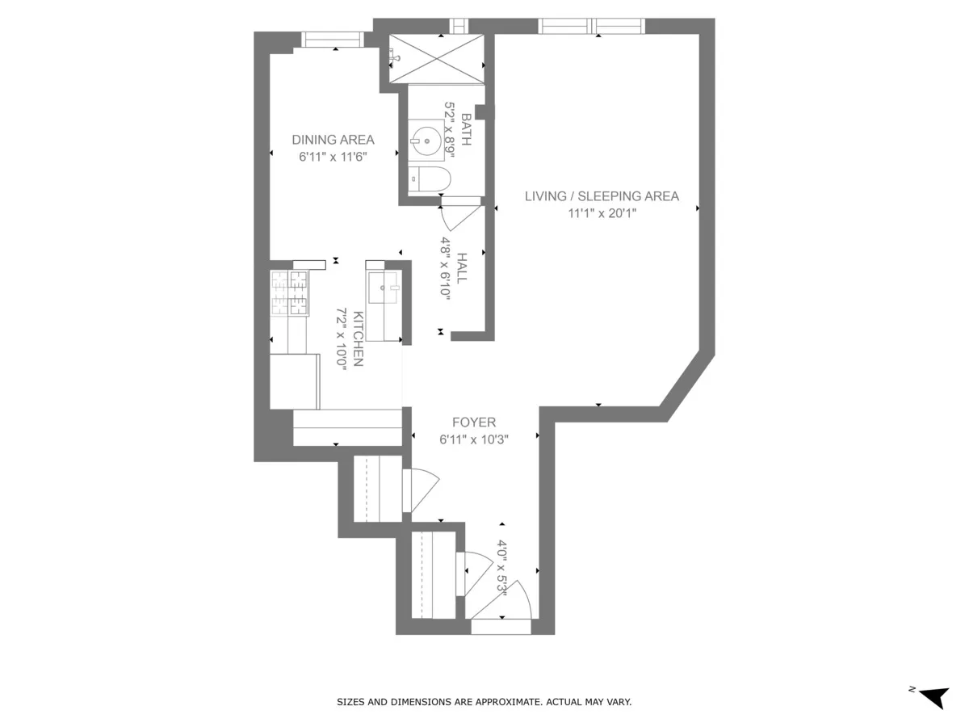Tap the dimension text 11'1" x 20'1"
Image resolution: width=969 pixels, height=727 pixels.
pos(601,214)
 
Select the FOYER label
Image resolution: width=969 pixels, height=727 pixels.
pos(473,422)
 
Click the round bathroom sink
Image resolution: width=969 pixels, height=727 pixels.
pos(426,141)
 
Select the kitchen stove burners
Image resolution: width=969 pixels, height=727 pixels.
pos(289,292)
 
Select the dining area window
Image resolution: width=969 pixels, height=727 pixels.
pos(333,40)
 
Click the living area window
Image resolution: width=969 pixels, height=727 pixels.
pos(592,26)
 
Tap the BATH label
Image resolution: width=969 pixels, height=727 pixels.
pos(466,129)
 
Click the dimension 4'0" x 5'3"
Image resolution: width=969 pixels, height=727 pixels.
pos(501,568)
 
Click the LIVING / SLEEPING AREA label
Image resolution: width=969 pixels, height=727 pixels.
pos(601,195)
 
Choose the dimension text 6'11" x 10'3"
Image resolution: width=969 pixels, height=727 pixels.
pos(473,440)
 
